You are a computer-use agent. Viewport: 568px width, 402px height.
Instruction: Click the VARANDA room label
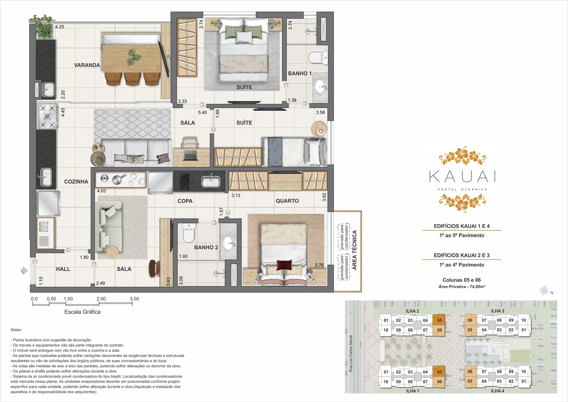point(87,65)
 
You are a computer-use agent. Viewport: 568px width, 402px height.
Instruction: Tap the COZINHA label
point(76,182)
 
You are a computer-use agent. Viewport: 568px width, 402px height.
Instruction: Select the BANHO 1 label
point(300,73)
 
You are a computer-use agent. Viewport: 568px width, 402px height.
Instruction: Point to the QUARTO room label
point(287,201)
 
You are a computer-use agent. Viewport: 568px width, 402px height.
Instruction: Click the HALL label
point(63,269)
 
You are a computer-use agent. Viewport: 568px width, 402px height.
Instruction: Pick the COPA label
point(185,201)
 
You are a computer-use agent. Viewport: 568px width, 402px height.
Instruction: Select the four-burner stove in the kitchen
point(47,116)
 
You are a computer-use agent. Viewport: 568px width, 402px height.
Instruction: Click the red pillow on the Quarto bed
point(284,265)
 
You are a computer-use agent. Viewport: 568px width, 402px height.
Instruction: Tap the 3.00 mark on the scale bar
point(134,299)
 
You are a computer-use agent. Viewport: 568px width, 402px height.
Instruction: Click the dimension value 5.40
point(202,112)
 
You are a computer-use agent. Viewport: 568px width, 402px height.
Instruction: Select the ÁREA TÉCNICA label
point(354,250)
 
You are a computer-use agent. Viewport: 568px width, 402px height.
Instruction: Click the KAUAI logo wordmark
point(462,176)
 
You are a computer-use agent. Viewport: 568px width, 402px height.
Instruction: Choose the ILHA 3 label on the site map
point(498,311)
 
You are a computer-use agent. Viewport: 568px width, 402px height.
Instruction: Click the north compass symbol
point(544,290)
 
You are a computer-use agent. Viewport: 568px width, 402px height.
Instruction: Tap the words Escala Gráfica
point(83,312)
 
